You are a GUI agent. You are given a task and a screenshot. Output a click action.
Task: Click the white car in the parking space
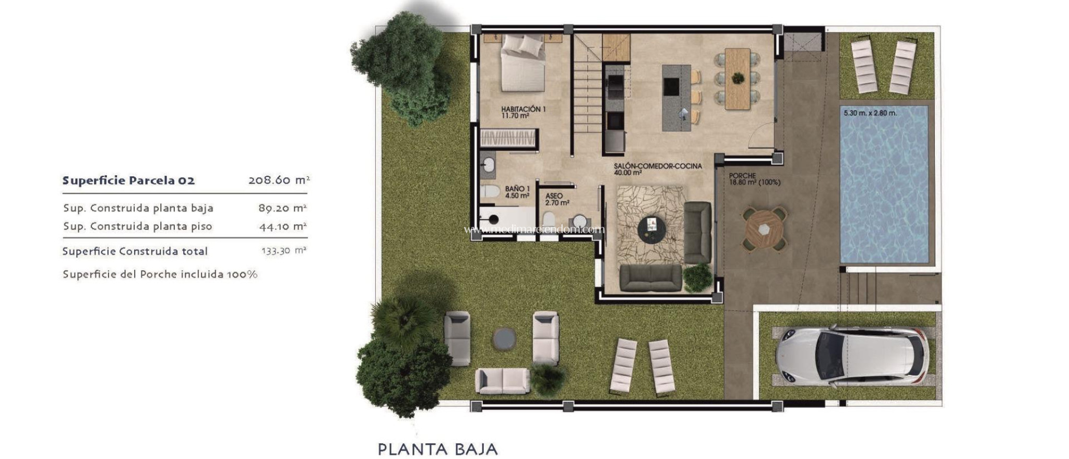(x=852, y=356)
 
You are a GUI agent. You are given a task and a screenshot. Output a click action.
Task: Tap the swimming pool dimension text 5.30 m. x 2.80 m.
(x=870, y=113)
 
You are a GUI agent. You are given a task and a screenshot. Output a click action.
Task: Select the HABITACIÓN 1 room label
(x=523, y=112)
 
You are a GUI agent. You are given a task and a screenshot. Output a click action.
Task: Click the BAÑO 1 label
(x=517, y=192)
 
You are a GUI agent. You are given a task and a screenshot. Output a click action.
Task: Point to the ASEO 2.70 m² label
(x=557, y=199)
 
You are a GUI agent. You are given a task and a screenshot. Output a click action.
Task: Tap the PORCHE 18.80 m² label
(x=754, y=179)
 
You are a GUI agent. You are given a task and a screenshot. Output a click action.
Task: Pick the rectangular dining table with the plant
(x=738, y=78)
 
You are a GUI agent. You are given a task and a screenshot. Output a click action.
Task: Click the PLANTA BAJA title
(x=437, y=449)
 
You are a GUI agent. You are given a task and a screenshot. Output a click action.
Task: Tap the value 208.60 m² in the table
(x=279, y=180)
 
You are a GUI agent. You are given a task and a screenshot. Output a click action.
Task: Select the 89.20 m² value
(x=282, y=208)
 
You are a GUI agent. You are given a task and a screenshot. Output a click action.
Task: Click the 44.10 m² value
(x=282, y=226)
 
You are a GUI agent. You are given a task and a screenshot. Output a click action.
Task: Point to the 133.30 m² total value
(x=283, y=251)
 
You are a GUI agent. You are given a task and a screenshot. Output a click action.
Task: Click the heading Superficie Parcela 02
(x=128, y=180)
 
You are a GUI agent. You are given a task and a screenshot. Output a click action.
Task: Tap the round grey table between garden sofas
(x=504, y=339)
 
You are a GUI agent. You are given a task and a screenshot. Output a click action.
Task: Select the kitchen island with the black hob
(x=676, y=98)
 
